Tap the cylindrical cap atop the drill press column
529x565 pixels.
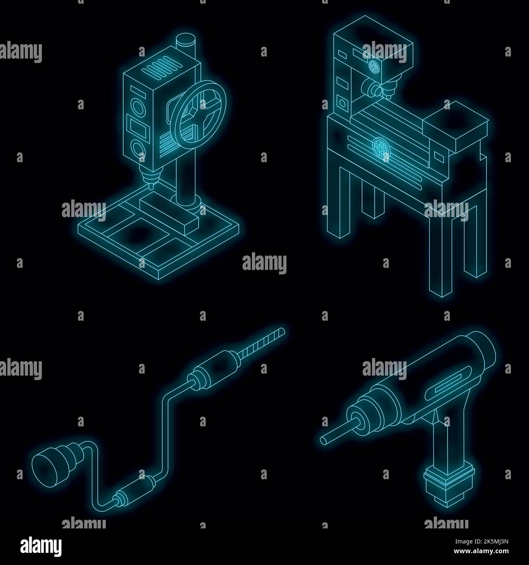tap(186, 41)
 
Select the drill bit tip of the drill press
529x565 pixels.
tap(149, 185)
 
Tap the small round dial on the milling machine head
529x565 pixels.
tap(374, 67)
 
